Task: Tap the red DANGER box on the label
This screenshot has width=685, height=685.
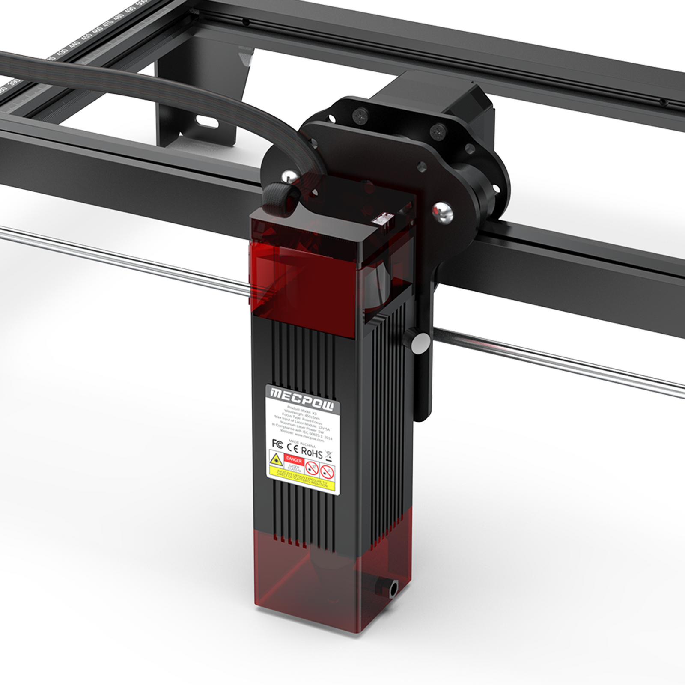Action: click(294, 460)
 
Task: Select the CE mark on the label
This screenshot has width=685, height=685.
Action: click(292, 447)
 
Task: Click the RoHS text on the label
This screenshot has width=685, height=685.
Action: click(312, 452)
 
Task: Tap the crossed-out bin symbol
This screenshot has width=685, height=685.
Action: click(329, 456)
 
